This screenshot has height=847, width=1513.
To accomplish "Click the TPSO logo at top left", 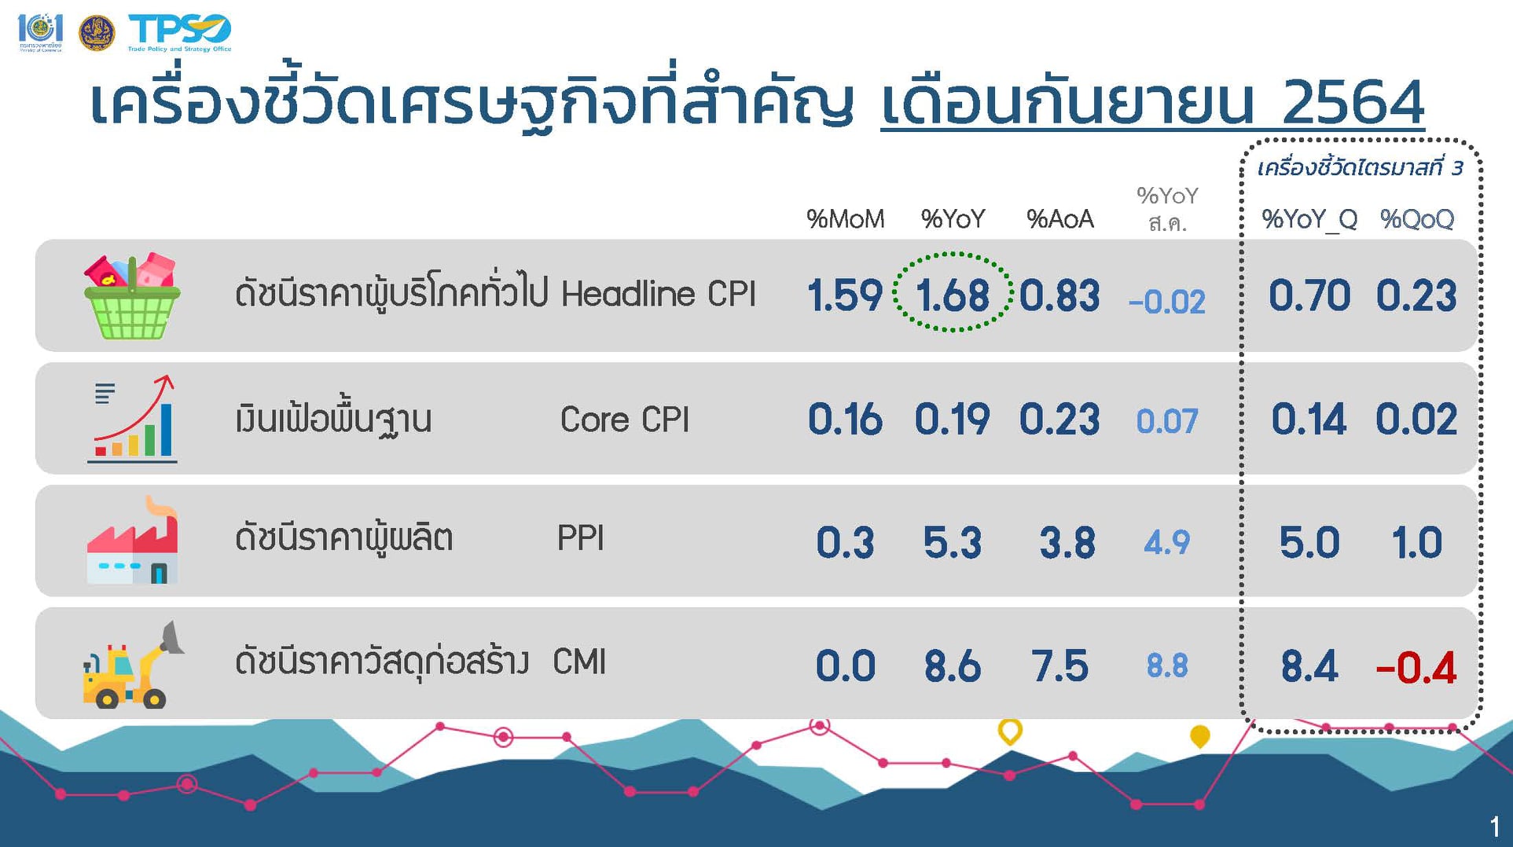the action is [x=180, y=32].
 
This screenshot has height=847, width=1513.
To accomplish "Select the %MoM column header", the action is [x=845, y=219].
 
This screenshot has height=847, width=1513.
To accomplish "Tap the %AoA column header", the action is [x=1060, y=219].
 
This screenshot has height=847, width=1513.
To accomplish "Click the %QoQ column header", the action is [x=1417, y=219].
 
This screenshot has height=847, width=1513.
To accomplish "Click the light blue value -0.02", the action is [x=1166, y=302].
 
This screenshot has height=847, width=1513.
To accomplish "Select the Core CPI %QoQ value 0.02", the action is [x=1416, y=420].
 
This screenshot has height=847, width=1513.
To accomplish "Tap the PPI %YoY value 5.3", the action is [x=953, y=543].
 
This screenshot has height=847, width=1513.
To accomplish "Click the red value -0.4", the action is [x=1416, y=668].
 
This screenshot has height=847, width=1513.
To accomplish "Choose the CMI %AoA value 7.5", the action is [x=1059, y=666].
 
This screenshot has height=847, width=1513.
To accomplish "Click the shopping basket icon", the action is [x=132, y=296].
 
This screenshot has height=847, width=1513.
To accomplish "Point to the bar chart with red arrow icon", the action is [x=132, y=419].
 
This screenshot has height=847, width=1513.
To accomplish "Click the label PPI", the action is [x=580, y=539].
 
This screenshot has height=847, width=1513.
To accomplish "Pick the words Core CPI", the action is [x=625, y=420].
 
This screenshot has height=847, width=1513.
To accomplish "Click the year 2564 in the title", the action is [x=1353, y=102].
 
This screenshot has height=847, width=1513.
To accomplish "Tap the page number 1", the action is [x=1494, y=827].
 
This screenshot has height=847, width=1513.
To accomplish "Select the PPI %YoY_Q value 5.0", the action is [x=1309, y=543].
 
